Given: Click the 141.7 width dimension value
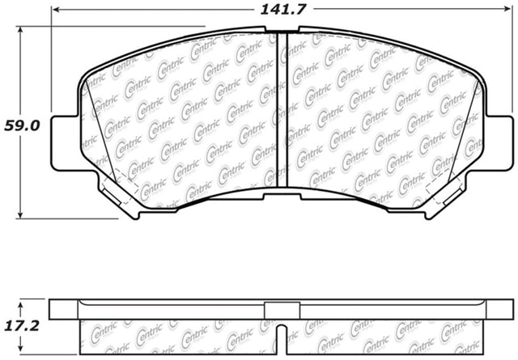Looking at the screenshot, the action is [283, 9].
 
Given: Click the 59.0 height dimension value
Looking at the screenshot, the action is [22, 126].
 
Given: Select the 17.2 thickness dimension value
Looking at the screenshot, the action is [22, 326].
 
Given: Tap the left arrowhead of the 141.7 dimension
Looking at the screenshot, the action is [56, 10].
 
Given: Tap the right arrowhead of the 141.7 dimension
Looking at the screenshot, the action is [507, 9].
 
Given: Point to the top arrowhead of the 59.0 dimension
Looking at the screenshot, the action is [20, 31].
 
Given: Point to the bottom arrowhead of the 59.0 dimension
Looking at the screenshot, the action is [20, 214].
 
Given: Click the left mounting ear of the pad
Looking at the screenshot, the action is [65, 143].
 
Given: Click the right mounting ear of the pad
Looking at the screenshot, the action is [499, 143].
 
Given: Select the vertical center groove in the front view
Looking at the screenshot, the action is [282, 110].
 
